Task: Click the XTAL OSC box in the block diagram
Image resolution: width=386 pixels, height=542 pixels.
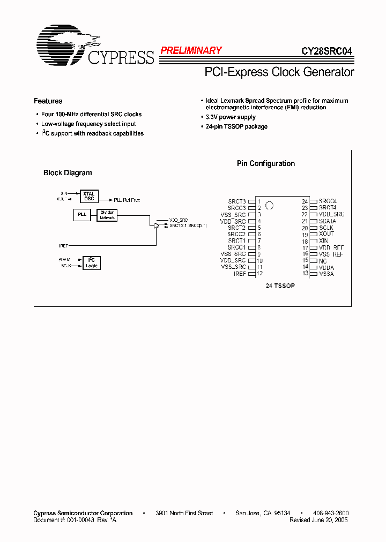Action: (x=89, y=197)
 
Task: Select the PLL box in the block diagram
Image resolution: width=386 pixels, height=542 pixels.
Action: (x=82, y=215)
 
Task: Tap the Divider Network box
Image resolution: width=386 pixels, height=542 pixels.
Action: (x=107, y=215)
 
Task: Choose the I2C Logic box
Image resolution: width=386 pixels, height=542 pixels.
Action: (x=92, y=262)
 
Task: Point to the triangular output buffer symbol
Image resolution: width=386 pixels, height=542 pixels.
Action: (x=157, y=225)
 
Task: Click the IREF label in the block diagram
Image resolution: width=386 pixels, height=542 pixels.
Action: (x=64, y=245)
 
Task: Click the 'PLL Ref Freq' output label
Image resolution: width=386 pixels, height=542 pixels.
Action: (x=127, y=200)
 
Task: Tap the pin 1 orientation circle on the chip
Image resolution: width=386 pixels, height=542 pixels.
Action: (x=270, y=205)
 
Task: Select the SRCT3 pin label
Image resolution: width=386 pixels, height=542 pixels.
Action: (x=237, y=201)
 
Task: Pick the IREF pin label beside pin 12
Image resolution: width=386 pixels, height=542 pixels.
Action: (x=240, y=274)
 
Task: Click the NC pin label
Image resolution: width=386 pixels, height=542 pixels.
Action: (x=323, y=261)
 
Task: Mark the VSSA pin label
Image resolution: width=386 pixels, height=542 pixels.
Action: (x=326, y=274)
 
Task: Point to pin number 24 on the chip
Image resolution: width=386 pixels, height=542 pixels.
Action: (x=305, y=201)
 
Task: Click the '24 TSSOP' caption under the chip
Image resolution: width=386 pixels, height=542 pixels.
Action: (x=280, y=286)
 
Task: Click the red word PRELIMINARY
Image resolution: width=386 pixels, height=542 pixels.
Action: (x=191, y=51)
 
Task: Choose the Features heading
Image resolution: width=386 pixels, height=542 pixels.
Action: (x=48, y=101)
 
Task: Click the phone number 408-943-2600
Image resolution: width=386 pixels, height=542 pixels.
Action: (x=330, y=513)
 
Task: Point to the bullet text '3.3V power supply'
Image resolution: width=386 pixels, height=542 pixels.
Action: (x=231, y=117)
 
